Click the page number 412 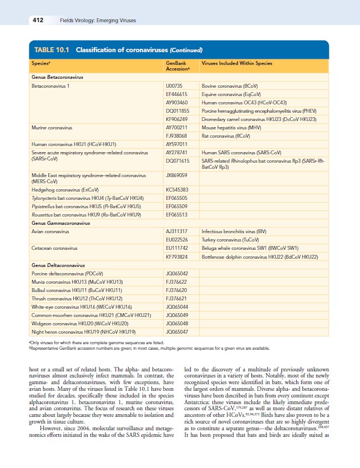[37, 21]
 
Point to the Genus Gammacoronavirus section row [60, 222]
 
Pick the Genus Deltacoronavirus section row [58, 265]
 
